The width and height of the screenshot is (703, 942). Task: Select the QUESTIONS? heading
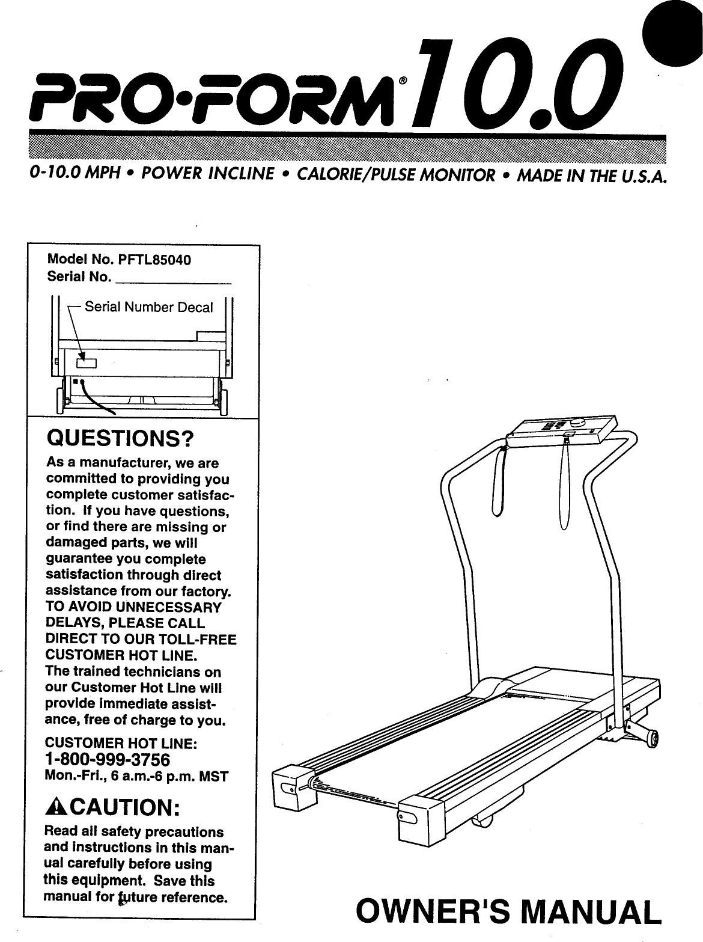pos(120,439)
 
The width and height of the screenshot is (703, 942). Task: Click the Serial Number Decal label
pos(148,308)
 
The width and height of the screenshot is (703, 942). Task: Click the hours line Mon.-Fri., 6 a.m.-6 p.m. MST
pos(136,776)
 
